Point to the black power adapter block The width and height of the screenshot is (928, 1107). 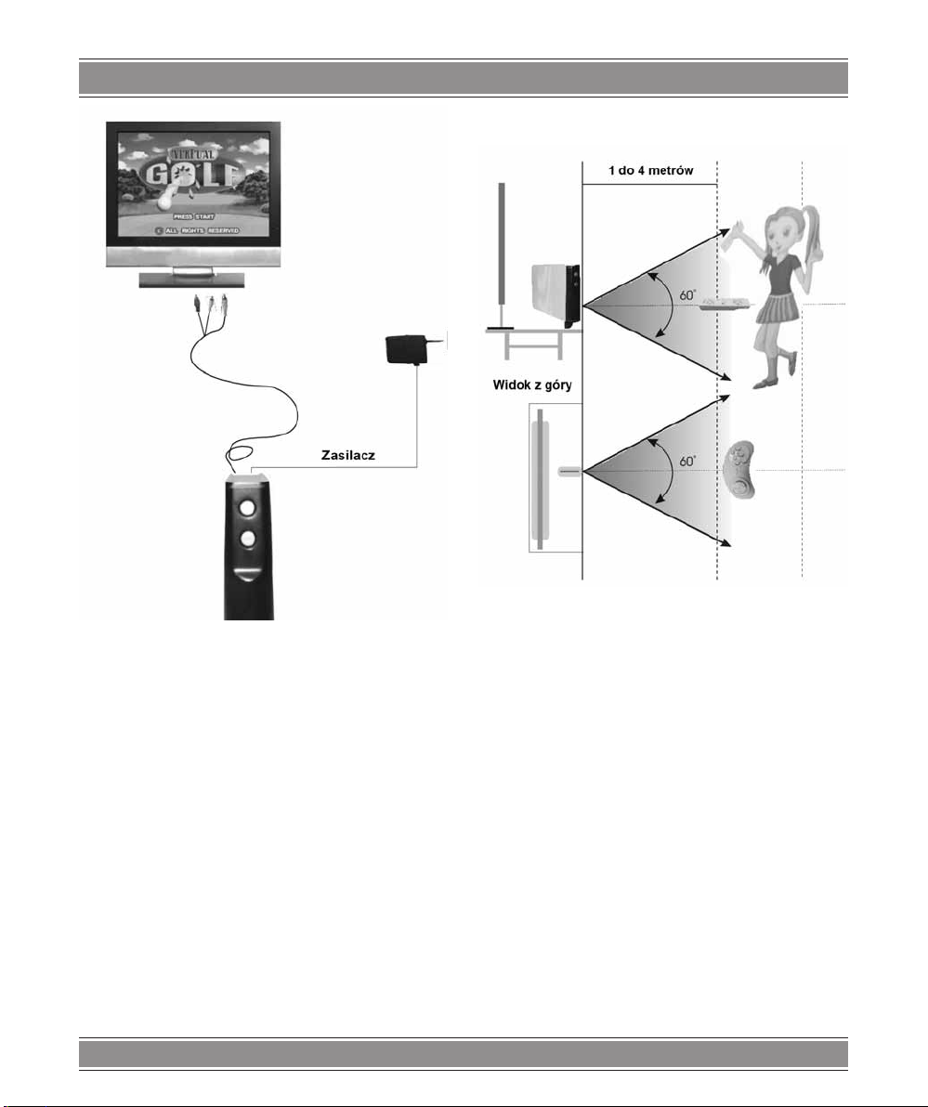(x=405, y=350)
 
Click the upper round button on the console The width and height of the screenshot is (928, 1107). (x=247, y=508)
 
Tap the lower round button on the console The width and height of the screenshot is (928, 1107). (x=247, y=540)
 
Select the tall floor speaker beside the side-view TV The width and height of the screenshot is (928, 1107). (x=503, y=254)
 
